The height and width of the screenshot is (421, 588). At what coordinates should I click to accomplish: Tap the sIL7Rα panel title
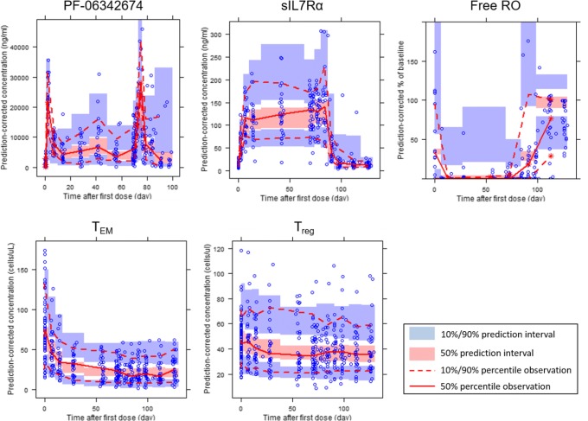click(280, 9)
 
